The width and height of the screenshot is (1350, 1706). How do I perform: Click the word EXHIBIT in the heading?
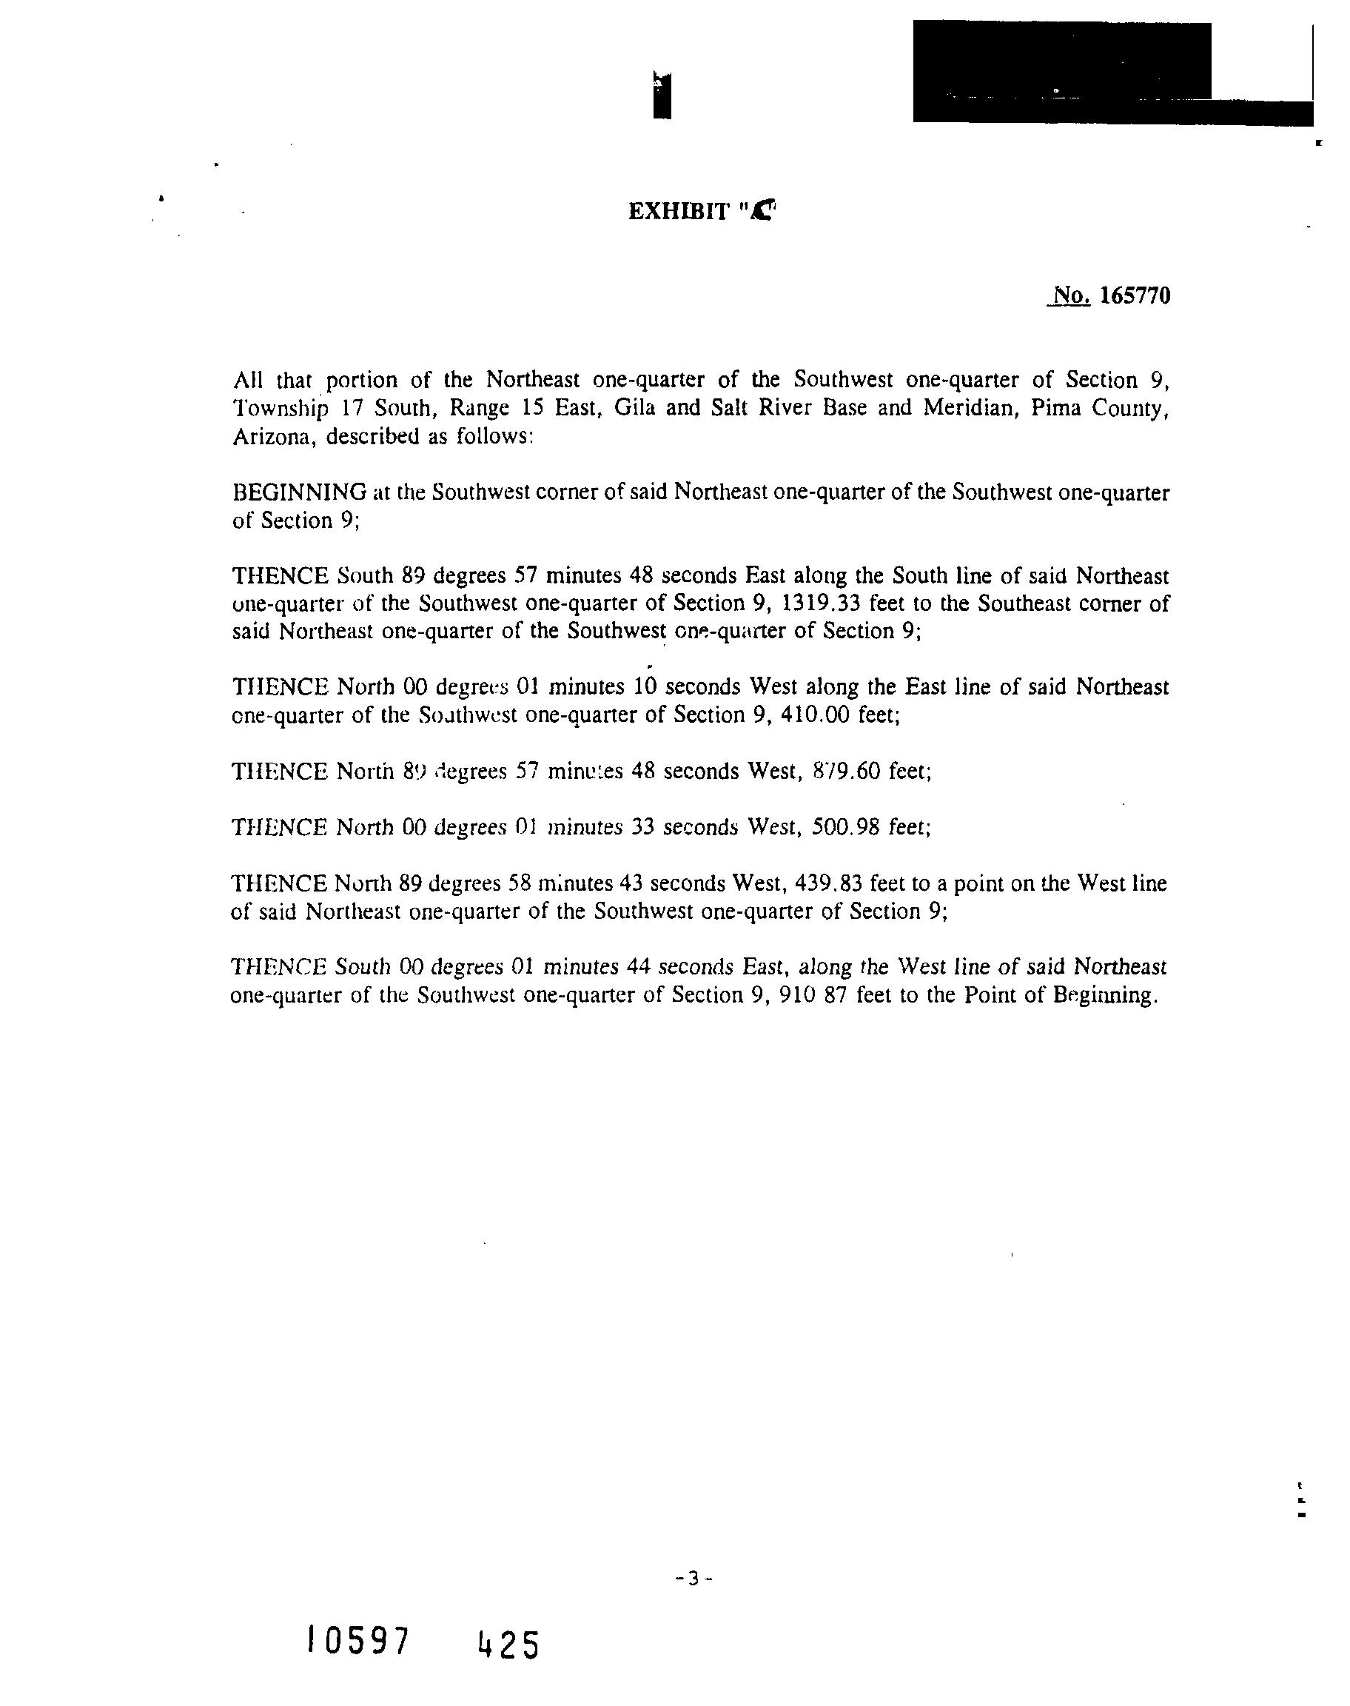pyautogui.click(x=679, y=212)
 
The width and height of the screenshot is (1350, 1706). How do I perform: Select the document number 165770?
pyautogui.click(x=1135, y=295)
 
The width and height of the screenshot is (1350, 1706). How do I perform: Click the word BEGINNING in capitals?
pyautogui.click(x=300, y=492)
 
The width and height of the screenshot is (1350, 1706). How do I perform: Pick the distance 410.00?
pyautogui.click(x=820, y=715)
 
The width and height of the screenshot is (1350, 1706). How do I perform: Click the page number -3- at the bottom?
pyautogui.click(x=695, y=1579)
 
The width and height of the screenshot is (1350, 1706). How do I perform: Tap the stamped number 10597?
pyautogui.click(x=358, y=1640)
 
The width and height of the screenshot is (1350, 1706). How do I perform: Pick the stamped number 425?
pyautogui.click(x=508, y=1645)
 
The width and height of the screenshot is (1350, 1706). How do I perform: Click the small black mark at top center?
pyautogui.click(x=662, y=95)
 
